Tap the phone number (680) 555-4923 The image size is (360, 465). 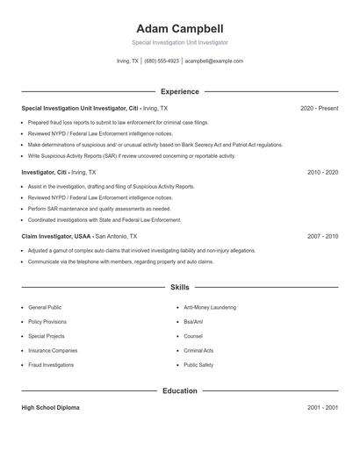pos(162,61)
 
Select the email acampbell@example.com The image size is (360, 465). pos(214,61)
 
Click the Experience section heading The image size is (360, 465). pos(179,91)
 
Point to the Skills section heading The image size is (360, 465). pos(179,287)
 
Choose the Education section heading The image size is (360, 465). pos(179,390)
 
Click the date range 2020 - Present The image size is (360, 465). pos(319,108)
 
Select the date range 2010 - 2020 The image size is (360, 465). pos(322,172)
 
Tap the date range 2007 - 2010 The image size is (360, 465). pos(322,236)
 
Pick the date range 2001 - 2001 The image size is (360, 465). pos(322,408)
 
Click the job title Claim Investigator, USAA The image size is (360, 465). pos(56,236)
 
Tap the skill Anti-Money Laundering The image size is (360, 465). pos(210,308)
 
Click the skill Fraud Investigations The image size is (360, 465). pos(51,364)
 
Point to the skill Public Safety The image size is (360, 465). pos(198,364)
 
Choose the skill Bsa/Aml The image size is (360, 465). pos(193,322)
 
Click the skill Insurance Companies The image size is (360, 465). pos(51,350)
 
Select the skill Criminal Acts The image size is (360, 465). pos(198,350)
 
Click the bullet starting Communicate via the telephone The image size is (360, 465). pos(120,261)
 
